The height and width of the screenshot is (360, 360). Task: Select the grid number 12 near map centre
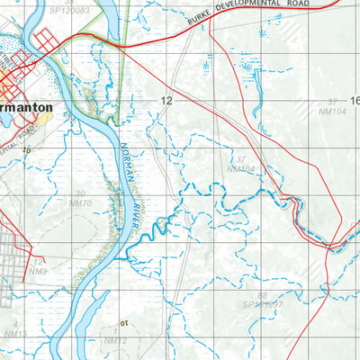click(166, 101)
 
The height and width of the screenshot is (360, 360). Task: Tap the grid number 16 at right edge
click(354, 101)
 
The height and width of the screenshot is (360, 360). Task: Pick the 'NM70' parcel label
click(80, 204)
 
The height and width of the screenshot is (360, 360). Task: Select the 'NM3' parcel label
click(37, 270)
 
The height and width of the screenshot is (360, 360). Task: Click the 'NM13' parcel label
click(15, 334)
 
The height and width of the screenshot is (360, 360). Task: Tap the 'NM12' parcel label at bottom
click(114, 341)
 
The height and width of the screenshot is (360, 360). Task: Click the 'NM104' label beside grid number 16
click(332, 111)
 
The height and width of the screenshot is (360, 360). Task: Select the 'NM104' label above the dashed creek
click(241, 169)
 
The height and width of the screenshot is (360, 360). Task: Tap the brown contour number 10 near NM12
click(126, 322)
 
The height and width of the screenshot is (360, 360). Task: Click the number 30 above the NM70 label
click(80, 193)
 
